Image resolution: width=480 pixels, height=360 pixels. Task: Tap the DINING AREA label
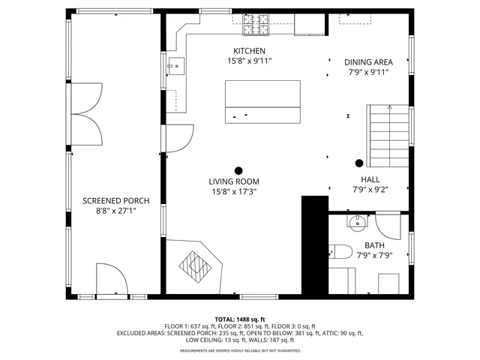click(368, 62)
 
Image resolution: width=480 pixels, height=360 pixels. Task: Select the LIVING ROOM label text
click(234, 181)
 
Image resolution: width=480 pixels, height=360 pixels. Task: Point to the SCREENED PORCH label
click(115, 201)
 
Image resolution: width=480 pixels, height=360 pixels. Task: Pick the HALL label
click(370, 180)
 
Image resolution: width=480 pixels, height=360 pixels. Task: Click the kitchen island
click(262, 103)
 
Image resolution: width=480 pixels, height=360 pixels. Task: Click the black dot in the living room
click(239, 170)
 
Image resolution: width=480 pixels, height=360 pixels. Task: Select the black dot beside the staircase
click(359, 163)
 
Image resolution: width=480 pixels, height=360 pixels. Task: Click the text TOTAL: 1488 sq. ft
click(240, 319)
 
